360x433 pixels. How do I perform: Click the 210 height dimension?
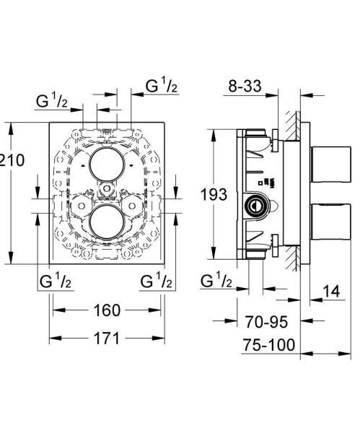[12, 160]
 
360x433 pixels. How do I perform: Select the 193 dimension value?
[214, 194]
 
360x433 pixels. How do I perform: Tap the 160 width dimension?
[107, 310]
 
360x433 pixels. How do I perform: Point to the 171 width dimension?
[107, 338]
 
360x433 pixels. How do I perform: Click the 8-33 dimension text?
[245, 86]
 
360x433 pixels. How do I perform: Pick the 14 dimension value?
[331, 291]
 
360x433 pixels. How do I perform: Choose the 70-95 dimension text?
[267, 322]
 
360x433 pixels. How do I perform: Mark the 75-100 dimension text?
[269, 345]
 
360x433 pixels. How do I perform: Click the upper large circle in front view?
[106, 164]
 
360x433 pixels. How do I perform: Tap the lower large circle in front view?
[106, 222]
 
